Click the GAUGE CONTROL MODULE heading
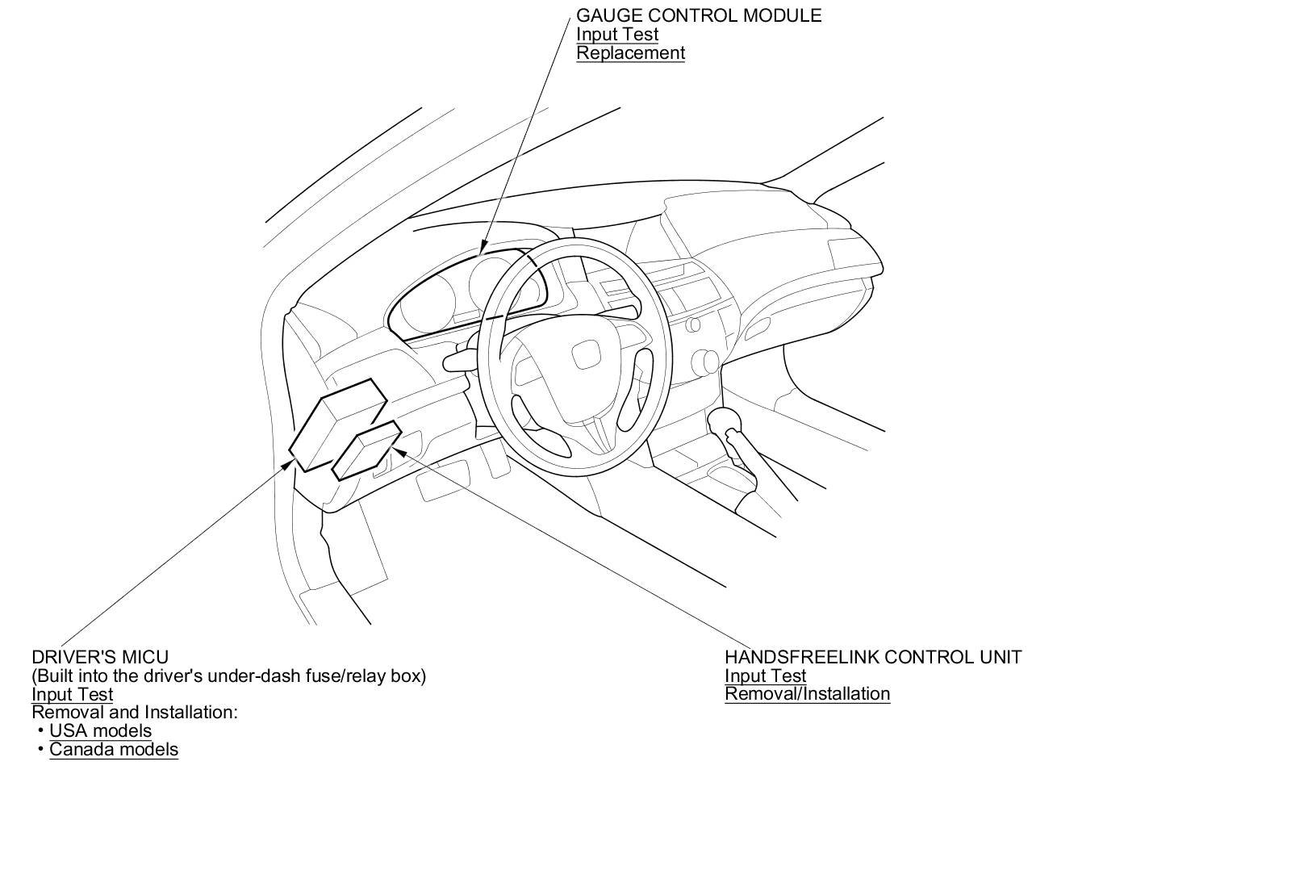click(x=698, y=15)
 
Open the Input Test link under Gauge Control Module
click(x=616, y=34)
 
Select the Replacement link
click(x=630, y=53)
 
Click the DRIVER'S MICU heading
click(x=100, y=657)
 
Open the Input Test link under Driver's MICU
click(x=72, y=694)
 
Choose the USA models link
click(x=100, y=730)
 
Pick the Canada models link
click(x=114, y=749)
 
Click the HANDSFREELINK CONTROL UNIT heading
click(x=872, y=657)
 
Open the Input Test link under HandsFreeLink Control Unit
click(x=765, y=676)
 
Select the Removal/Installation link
click(x=807, y=694)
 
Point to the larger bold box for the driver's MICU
click(x=337, y=424)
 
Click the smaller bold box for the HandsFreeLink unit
click(x=367, y=450)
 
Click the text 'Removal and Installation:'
click(x=135, y=712)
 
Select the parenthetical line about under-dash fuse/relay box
click(x=228, y=676)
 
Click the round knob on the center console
click(x=704, y=360)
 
